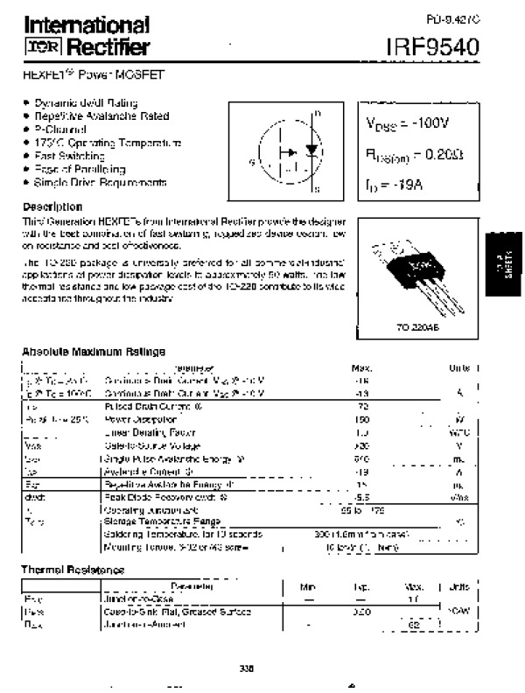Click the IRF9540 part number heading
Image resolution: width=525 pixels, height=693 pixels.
coord(435,46)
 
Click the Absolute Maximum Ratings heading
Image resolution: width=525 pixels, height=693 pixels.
coord(94,352)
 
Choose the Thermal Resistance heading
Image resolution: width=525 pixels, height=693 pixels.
coord(73,570)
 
